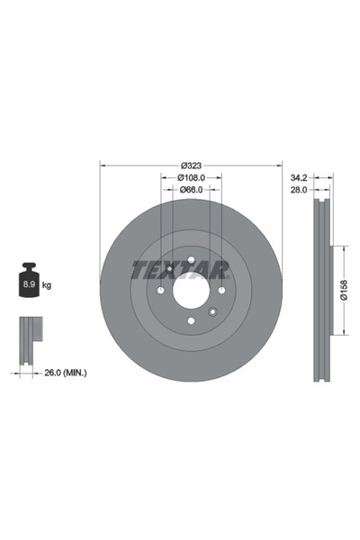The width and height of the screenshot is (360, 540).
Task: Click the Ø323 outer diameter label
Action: (190, 165)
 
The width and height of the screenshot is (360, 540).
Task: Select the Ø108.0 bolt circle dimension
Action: (190, 177)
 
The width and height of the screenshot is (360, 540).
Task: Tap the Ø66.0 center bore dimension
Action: (190, 190)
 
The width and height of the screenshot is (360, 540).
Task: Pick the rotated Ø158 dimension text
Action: (345, 290)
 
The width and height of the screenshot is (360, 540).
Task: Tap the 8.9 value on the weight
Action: (29, 285)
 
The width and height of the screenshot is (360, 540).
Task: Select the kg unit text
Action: (47, 285)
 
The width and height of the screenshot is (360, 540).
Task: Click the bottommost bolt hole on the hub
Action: (190, 321)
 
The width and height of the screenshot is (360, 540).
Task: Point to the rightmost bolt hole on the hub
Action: (220, 290)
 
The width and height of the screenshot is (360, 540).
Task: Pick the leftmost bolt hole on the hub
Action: (159, 290)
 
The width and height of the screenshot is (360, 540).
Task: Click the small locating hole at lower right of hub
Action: (212, 311)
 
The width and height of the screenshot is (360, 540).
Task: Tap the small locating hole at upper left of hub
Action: (166, 269)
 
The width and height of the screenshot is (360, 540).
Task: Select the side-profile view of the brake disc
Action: (320, 290)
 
